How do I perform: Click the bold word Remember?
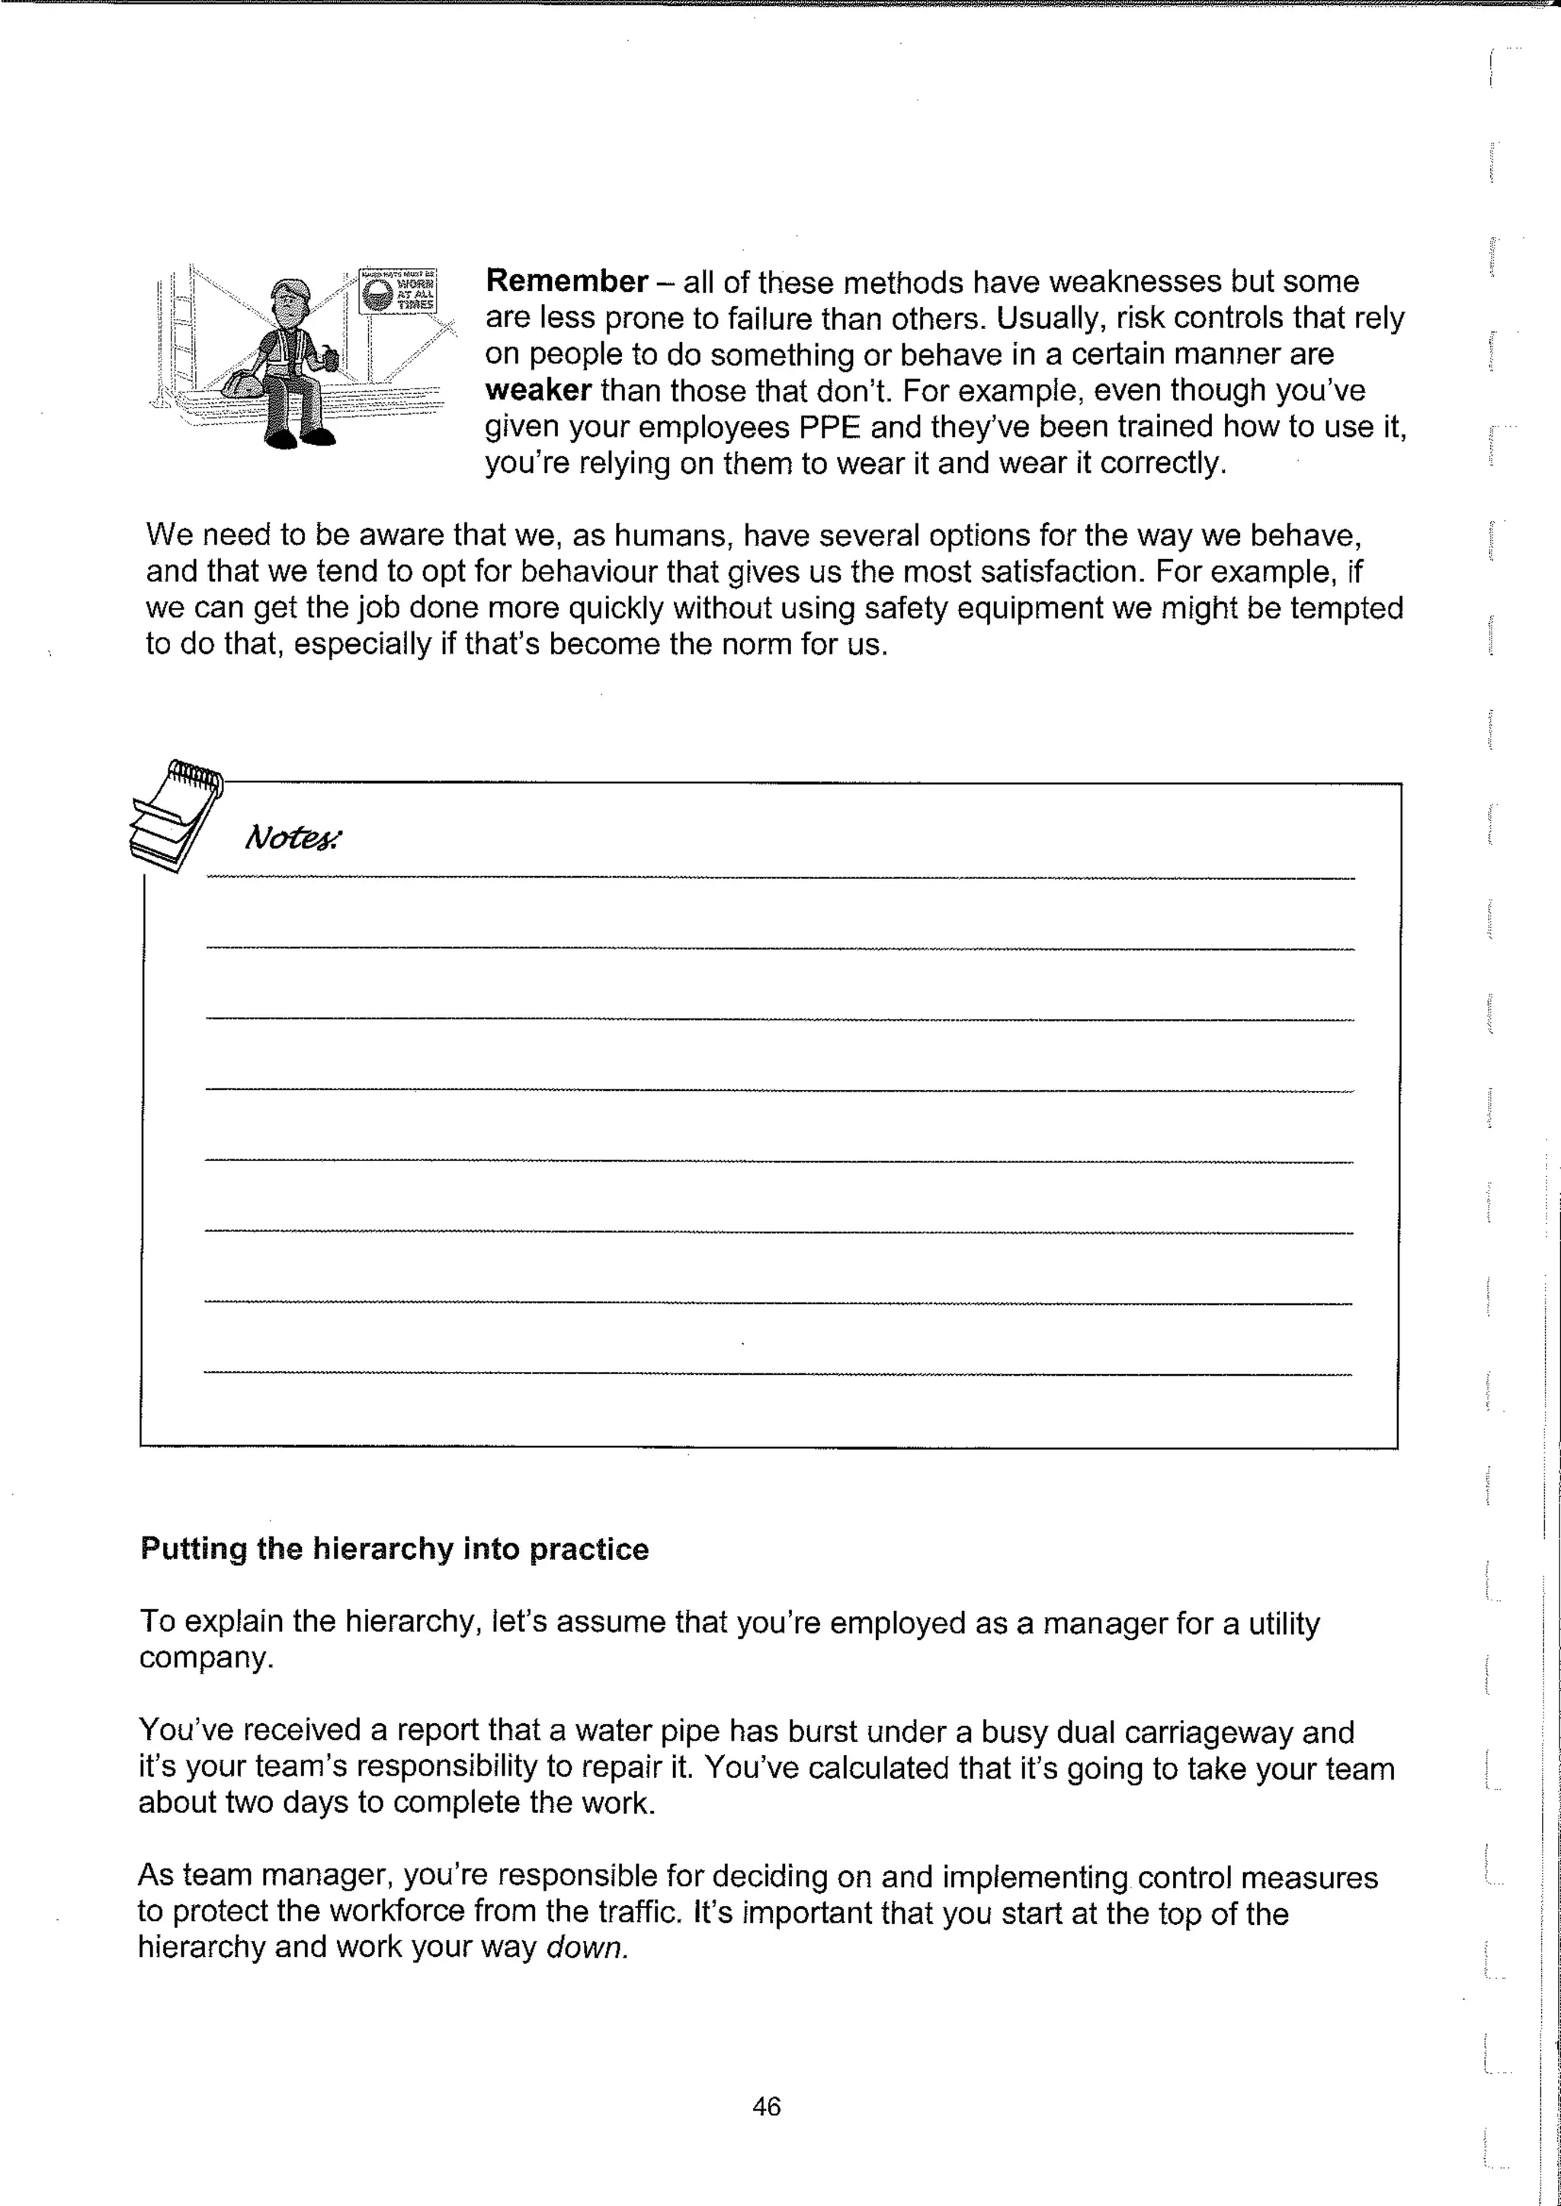(x=566, y=282)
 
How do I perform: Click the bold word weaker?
(x=537, y=390)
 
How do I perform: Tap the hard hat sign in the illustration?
(x=398, y=290)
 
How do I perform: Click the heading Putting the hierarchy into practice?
(x=394, y=1549)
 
